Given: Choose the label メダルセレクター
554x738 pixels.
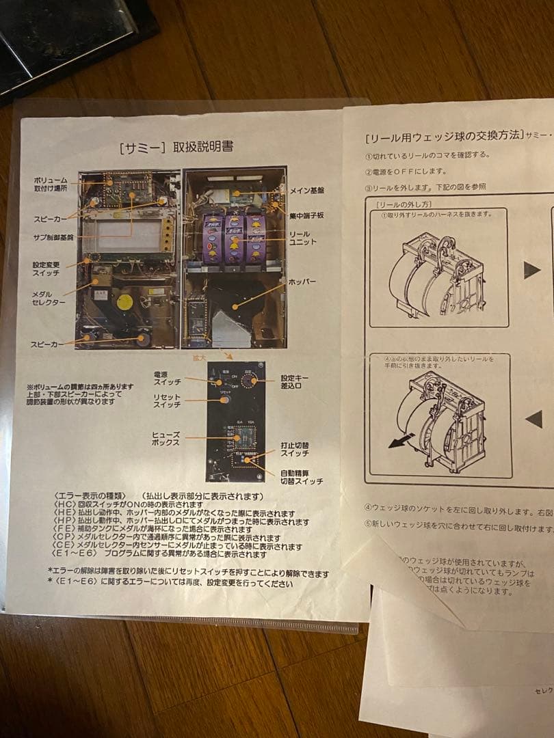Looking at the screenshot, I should (x=49, y=297).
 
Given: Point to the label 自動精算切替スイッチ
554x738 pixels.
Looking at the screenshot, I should (x=302, y=476).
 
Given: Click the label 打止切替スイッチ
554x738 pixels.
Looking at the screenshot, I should (x=295, y=449).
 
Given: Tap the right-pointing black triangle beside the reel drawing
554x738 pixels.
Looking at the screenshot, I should (x=532, y=271).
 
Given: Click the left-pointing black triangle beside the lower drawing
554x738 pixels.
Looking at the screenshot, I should (x=533, y=419).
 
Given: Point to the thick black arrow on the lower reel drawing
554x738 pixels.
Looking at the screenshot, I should (x=397, y=442).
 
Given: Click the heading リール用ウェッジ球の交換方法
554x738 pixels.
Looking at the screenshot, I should (x=444, y=136).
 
